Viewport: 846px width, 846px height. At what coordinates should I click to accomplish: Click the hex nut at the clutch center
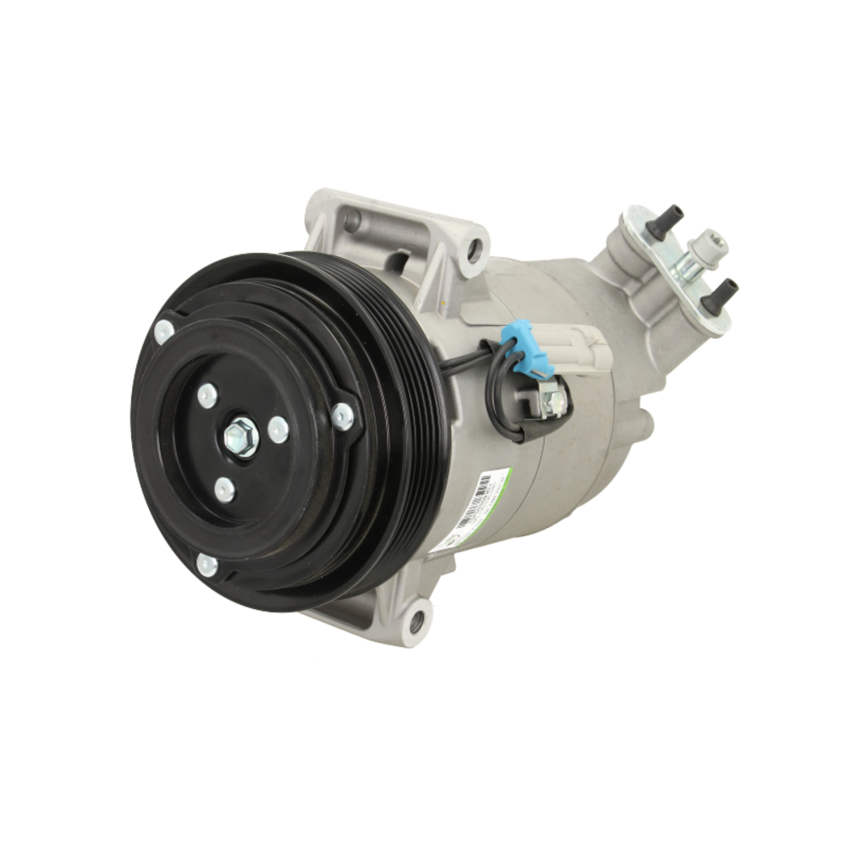pos(241,437)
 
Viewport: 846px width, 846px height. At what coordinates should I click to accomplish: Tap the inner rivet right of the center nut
pos(278,430)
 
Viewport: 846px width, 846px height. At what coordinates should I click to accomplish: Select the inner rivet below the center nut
pos(224,489)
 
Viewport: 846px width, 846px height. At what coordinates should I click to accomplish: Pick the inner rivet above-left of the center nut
pos(206,394)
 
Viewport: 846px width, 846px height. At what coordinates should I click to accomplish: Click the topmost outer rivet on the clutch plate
pos(164,331)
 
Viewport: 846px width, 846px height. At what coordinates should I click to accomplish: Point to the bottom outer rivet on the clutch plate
pos(206,564)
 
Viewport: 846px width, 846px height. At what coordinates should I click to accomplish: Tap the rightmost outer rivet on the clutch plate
pos(343,415)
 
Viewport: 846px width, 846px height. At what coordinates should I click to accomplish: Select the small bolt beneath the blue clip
pos(554,402)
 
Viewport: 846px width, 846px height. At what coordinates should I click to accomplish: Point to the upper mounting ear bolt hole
pos(475,249)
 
